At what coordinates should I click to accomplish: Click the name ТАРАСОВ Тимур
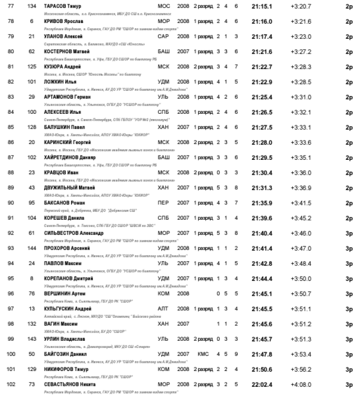click(62, 5)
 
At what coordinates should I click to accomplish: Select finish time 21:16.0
click(262, 22)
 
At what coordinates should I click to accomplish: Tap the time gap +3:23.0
click(301, 36)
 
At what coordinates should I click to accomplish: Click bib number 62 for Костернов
click(32, 51)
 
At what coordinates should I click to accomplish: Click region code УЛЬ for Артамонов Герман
click(163, 97)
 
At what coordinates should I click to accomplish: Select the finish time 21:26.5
click(262, 112)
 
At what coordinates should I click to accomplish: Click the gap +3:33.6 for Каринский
click(301, 142)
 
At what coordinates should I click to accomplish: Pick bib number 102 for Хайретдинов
click(32, 157)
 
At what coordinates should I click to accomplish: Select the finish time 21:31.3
click(262, 187)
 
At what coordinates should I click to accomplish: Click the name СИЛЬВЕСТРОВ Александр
click(73, 233)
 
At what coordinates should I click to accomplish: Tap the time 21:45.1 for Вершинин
click(262, 293)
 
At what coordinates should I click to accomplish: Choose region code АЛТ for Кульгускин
click(163, 309)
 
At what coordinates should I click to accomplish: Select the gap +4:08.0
click(301, 384)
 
